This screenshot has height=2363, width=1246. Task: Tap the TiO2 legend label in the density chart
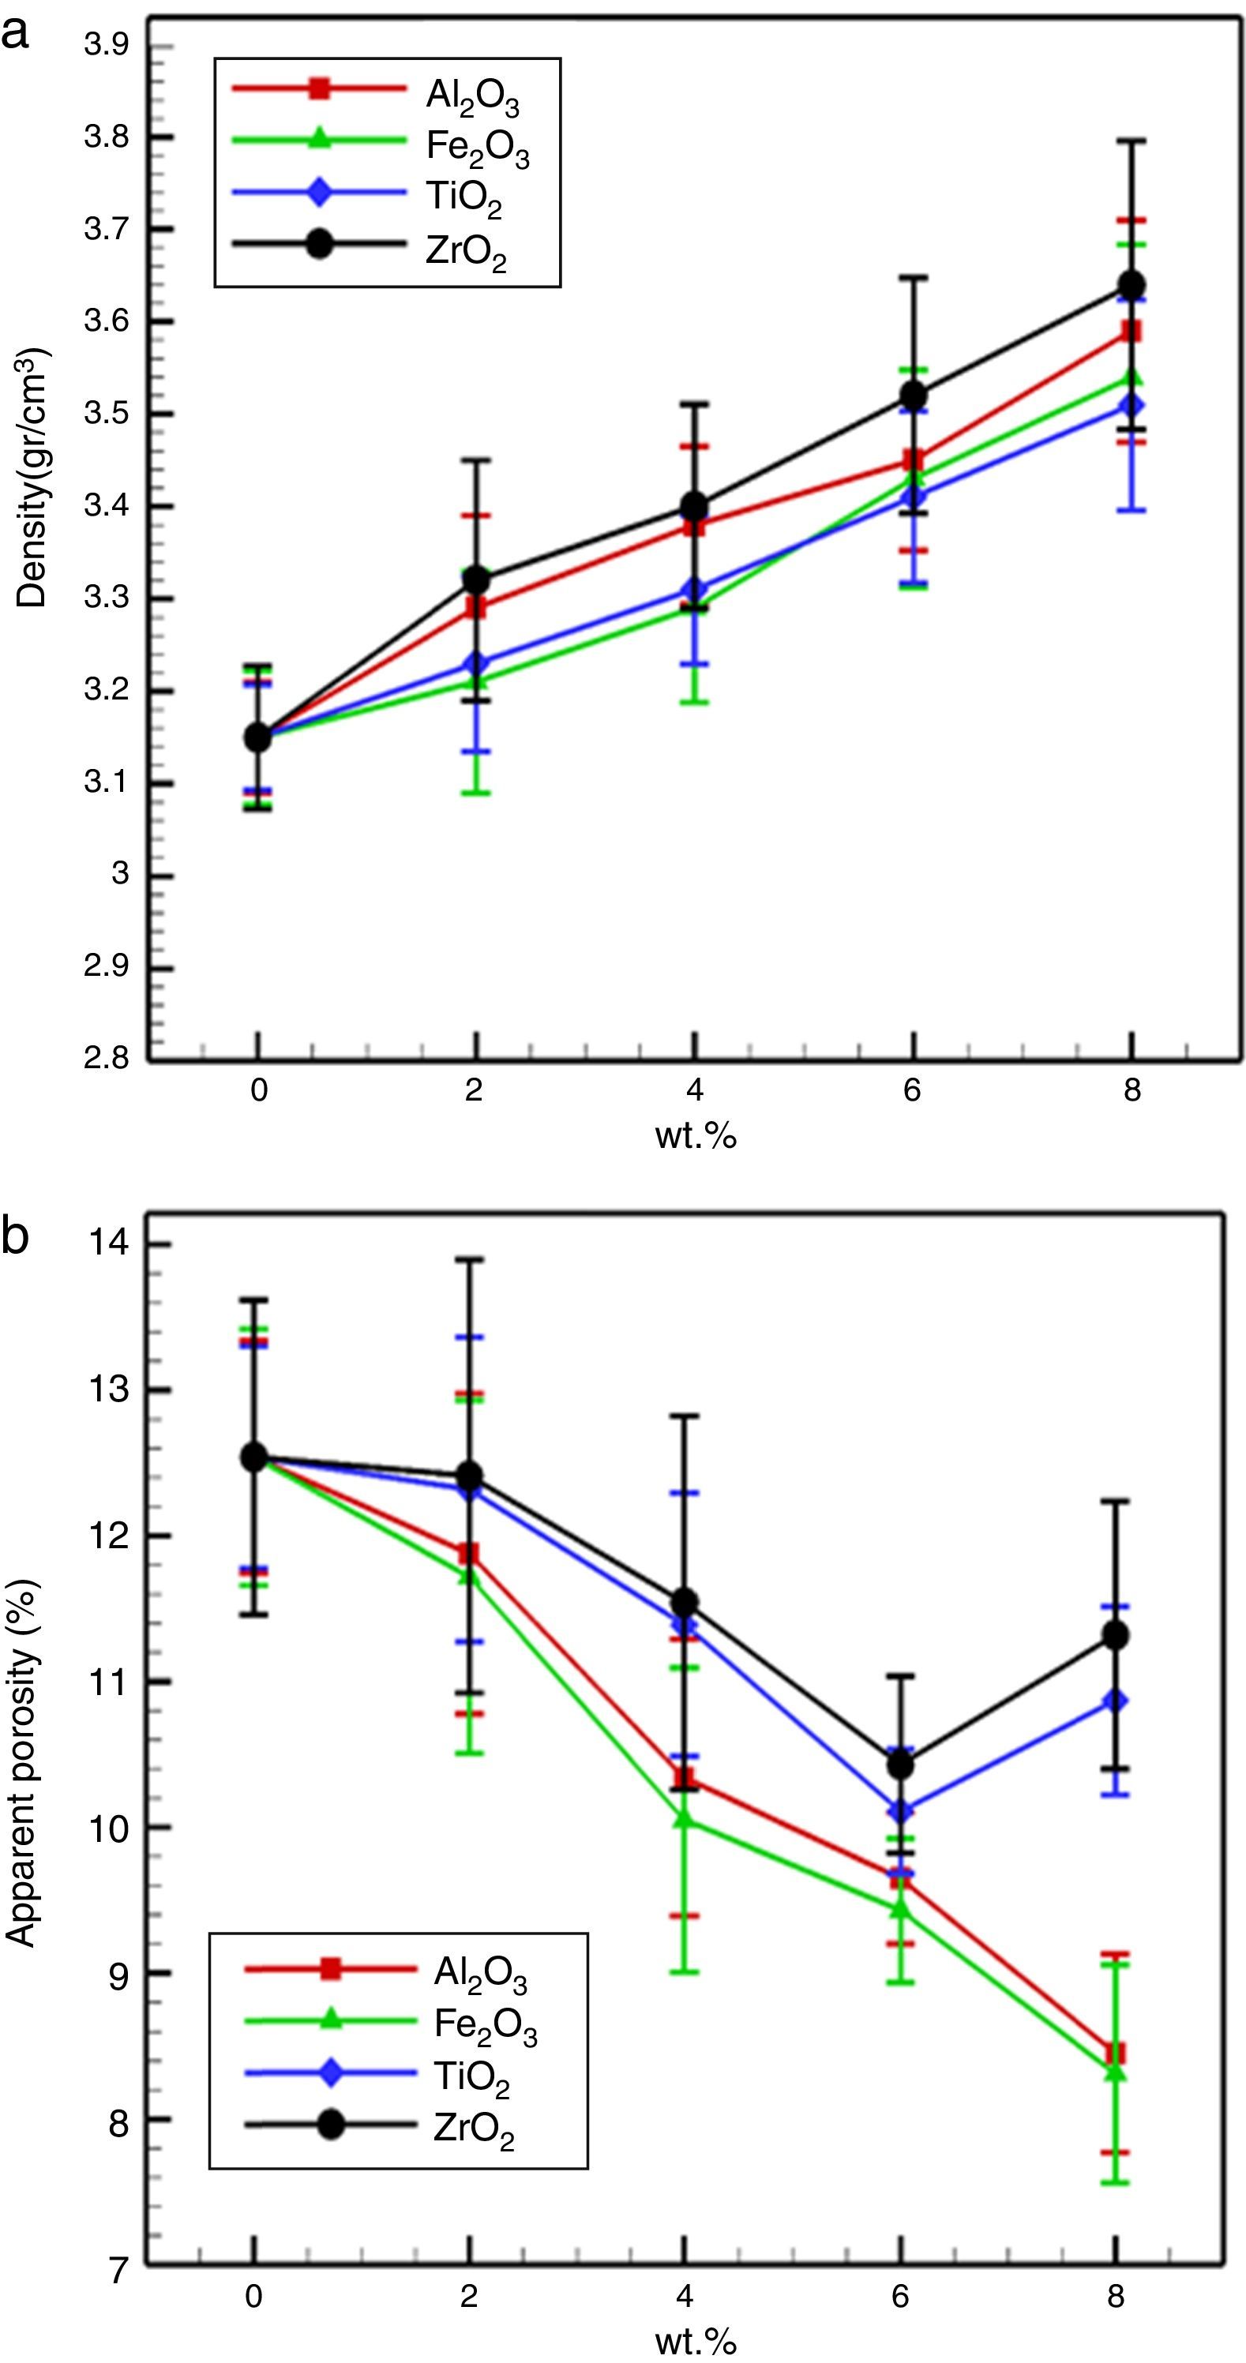463,198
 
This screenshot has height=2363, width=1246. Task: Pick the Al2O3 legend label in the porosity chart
480,1971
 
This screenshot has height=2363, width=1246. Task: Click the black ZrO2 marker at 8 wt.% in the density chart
1132,285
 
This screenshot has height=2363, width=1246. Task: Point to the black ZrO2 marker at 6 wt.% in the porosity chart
901,1764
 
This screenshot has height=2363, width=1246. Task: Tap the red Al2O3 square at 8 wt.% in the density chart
1132,331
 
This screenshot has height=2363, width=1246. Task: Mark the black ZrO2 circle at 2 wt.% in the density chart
476,579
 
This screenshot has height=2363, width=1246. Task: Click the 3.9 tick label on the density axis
107,45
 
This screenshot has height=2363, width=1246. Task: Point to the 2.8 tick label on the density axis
107,1059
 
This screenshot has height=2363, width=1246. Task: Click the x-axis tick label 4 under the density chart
695,1090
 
